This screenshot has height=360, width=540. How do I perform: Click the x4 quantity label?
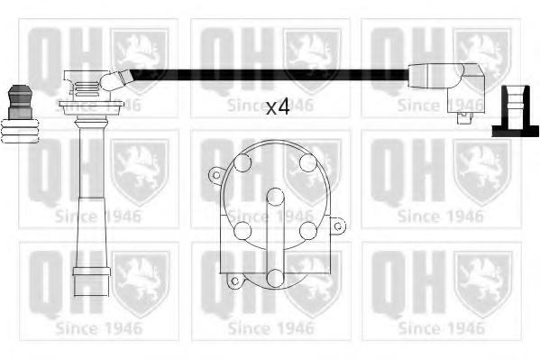point(278,107)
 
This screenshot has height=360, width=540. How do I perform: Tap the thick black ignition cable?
point(270,75)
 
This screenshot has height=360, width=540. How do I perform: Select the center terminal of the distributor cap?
point(276,197)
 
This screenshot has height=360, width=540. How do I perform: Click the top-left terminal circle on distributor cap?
point(243,162)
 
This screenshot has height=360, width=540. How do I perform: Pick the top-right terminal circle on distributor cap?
point(308,162)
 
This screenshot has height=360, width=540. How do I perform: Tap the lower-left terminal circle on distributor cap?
point(243,230)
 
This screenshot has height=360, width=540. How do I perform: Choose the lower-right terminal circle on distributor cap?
point(308,230)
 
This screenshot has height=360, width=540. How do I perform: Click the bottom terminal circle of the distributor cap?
point(276,278)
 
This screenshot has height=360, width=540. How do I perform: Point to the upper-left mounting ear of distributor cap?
point(216,175)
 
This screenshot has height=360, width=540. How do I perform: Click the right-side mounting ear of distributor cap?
point(338,226)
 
